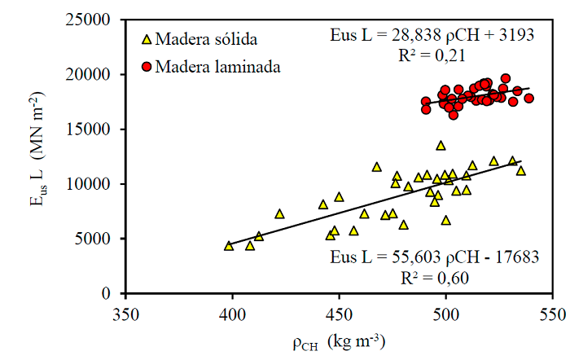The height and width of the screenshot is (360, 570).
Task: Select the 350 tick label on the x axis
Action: coord(125,312)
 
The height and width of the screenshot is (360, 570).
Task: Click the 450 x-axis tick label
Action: coord(339,312)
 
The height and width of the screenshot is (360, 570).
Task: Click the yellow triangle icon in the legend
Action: coord(147,39)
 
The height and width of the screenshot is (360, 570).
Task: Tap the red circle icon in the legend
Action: coord(147,67)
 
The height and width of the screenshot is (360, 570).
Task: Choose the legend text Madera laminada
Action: coord(217,67)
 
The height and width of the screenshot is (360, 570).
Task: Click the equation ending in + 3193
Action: coord(431,35)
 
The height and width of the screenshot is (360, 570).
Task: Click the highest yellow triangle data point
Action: coord(441,146)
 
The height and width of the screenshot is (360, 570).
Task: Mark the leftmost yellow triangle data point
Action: coord(229,245)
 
